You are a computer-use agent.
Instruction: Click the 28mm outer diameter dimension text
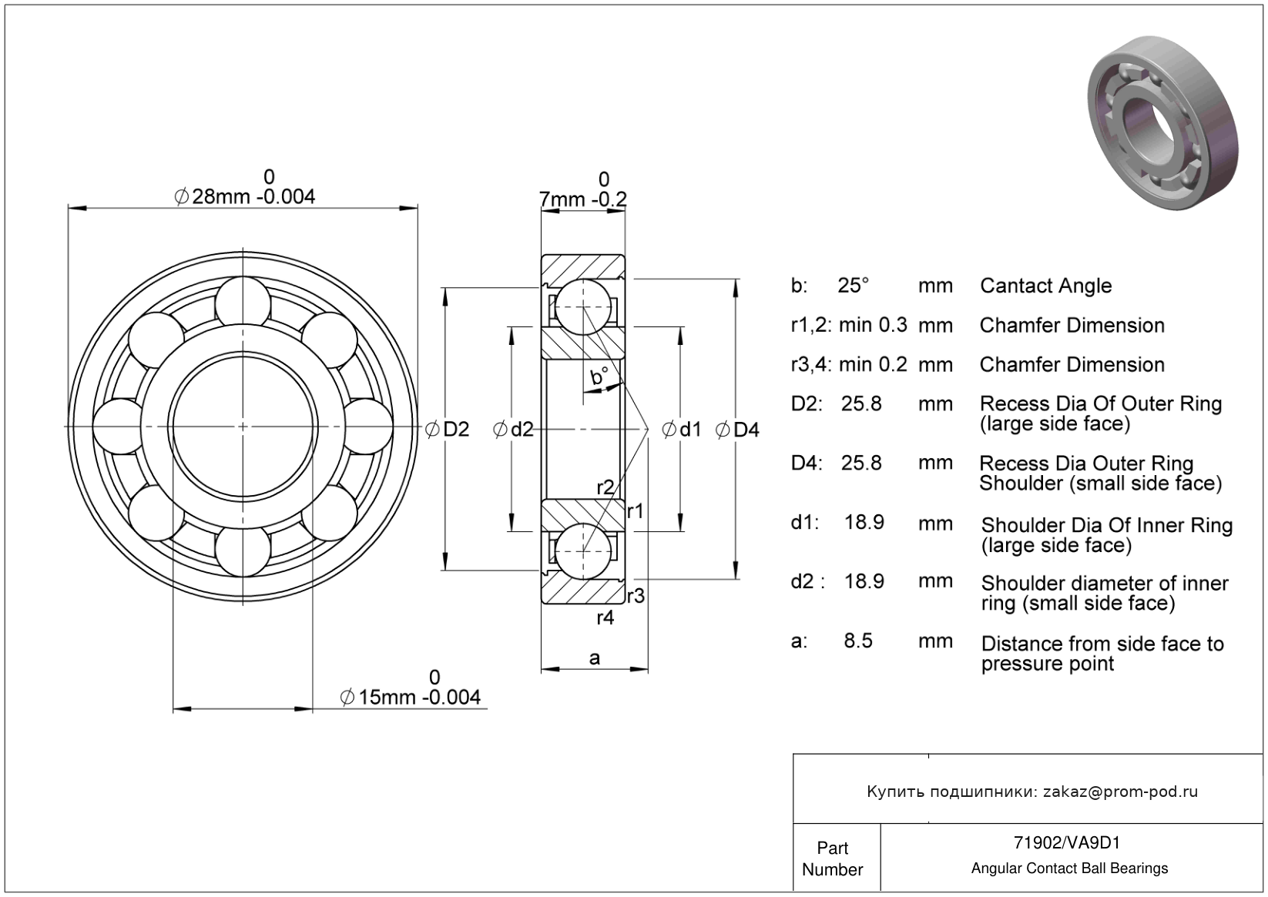246,196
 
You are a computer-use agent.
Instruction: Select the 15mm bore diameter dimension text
410,697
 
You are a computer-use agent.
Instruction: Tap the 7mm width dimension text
583,199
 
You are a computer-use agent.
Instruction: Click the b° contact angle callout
599,377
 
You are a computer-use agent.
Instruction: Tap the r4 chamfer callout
605,618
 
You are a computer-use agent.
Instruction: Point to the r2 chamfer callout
605,487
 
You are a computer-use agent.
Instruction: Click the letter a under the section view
594,658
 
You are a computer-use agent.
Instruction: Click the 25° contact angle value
853,286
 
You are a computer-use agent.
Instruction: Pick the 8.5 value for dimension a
858,641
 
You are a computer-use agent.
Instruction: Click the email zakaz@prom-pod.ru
1120,792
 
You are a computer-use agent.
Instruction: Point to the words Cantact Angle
1045,286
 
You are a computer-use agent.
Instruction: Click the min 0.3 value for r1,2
873,325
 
